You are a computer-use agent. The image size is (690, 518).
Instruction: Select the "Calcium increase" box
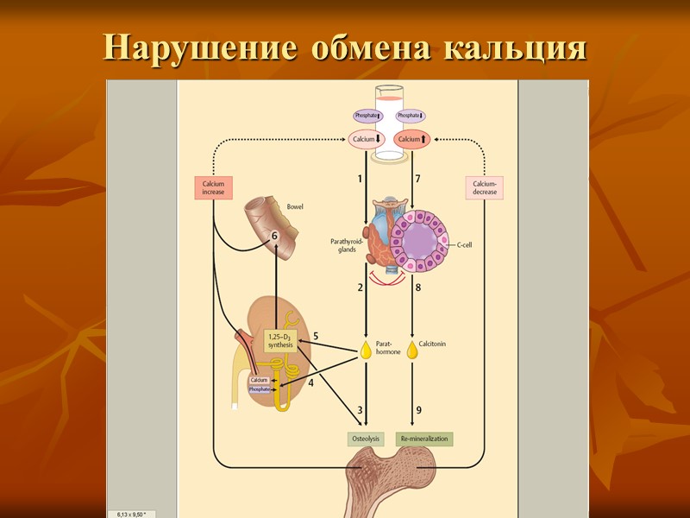point(213,187)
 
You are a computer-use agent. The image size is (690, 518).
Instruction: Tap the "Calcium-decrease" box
point(485,187)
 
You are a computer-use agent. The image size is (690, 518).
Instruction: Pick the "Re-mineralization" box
point(424,439)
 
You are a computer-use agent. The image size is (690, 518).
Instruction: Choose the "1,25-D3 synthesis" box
point(279,340)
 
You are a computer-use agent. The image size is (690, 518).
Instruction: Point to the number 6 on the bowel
point(275,236)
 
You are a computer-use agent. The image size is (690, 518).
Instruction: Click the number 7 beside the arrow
point(417,179)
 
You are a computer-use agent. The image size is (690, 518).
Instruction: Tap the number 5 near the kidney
point(316,336)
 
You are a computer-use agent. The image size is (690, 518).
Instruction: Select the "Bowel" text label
point(295,207)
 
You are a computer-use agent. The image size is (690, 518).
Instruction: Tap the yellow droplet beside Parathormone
point(366,351)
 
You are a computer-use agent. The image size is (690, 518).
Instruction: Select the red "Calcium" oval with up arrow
point(411,139)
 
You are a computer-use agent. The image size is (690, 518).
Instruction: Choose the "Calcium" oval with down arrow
point(367,139)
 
